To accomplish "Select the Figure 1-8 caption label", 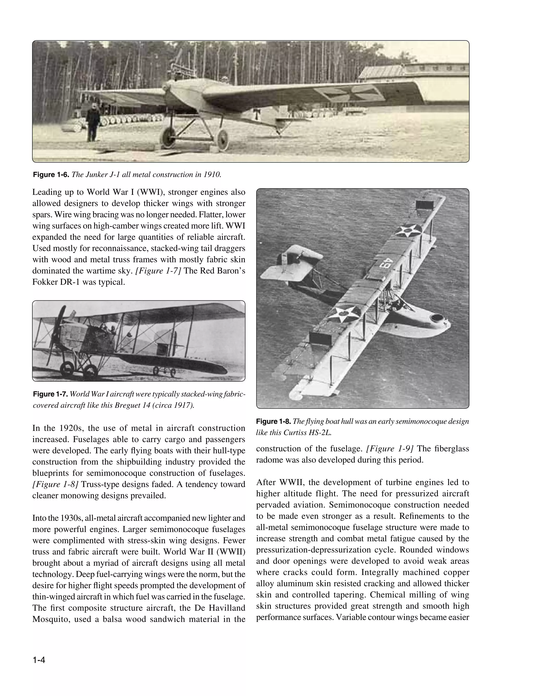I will pyautogui.click(x=274, y=421).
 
